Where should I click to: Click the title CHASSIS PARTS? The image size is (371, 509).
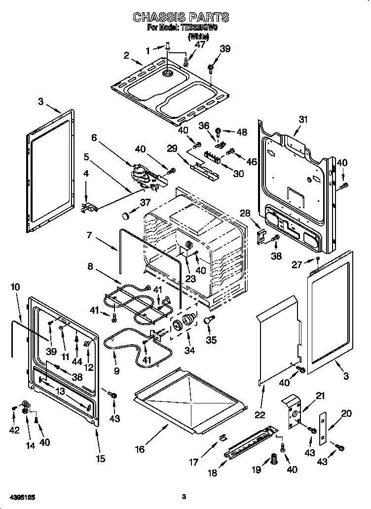pyautogui.click(x=181, y=17)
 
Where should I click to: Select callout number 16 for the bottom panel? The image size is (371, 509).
pyautogui.click(x=140, y=449)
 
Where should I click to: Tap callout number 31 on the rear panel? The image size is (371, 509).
pyautogui.click(x=303, y=119)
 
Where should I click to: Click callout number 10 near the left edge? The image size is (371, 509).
pyautogui.click(x=15, y=287)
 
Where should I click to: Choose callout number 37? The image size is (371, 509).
pyautogui.click(x=145, y=202)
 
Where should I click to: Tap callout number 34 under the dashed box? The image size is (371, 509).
pyautogui.click(x=189, y=350)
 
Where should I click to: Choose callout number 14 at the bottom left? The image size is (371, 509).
pyautogui.click(x=31, y=445)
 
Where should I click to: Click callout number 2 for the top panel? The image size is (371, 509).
pyautogui.click(x=126, y=56)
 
